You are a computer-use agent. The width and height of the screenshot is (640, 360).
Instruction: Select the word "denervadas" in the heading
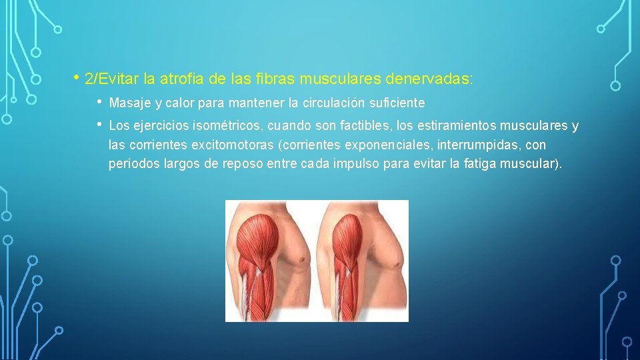(x=428, y=79)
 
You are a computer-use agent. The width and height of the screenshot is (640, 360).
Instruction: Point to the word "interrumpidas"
(x=471, y=145)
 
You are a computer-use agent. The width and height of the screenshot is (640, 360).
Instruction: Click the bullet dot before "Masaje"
(x=99, y=103)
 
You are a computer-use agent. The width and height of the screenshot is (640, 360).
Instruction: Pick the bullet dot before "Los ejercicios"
(x=99, y=125)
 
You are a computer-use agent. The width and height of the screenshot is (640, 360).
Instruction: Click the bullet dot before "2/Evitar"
(x=78, y=78)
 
